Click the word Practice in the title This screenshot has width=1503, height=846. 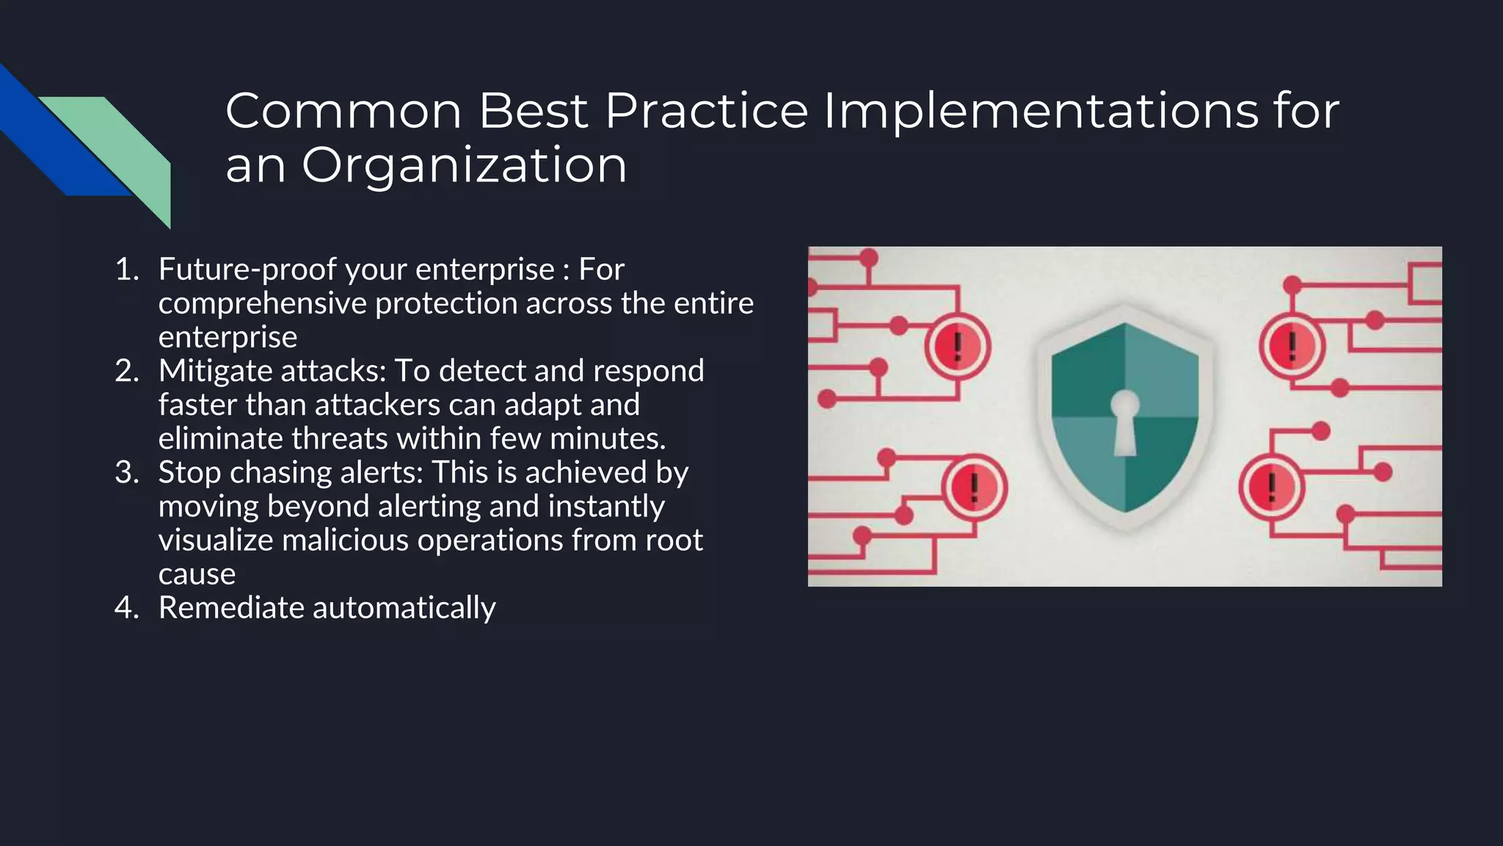pos(706,111)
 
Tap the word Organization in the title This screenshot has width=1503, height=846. pos(464,165)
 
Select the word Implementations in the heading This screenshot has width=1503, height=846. pos(1041,111)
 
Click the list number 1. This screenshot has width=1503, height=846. pos(126,270)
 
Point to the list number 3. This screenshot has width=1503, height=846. pos(126,472)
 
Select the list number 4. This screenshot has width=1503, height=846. pos(126,608)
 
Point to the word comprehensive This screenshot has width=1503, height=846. pos(262,303)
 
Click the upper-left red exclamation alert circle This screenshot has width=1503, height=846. pos(958,347)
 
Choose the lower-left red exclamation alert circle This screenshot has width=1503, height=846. pos(974,488)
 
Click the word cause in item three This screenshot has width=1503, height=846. pos(197,574)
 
